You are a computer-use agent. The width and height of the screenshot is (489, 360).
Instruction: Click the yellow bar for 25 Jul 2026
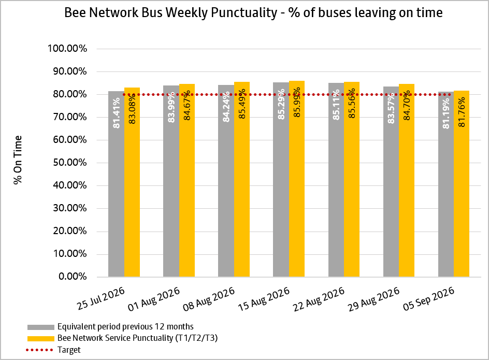132,182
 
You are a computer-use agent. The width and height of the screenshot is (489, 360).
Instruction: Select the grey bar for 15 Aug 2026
281,180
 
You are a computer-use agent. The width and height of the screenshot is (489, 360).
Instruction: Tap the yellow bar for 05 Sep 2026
462,184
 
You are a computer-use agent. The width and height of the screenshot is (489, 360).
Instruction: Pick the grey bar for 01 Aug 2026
171,181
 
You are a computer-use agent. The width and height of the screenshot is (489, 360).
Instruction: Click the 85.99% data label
297,103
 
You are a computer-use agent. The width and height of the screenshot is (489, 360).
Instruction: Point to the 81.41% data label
117,113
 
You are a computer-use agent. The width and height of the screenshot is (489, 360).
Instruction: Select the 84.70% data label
407,106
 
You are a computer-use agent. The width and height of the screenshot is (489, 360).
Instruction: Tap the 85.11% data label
336,105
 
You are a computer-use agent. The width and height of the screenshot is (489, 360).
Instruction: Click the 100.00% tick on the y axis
67,49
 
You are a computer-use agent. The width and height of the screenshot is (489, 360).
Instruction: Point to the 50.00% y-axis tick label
70,163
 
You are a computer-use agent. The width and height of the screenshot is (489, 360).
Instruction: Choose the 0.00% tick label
73,277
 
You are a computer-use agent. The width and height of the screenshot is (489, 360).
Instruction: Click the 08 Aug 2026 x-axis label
209,299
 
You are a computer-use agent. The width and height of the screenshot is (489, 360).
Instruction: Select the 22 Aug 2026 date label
319,299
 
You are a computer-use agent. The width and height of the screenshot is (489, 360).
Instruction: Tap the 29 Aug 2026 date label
373,299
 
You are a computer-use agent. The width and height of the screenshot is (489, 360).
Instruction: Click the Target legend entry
53,350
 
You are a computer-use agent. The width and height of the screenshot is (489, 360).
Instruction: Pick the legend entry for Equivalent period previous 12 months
110,327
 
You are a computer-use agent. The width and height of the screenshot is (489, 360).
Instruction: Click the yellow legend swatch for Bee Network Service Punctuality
41,338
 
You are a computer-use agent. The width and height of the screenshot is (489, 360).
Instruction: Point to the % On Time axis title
18,160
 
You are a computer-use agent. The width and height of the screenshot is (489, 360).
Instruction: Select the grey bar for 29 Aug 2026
391,182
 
